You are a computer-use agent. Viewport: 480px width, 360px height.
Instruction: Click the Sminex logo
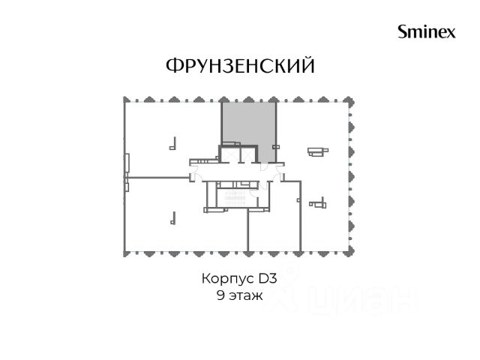(x=427, y=31)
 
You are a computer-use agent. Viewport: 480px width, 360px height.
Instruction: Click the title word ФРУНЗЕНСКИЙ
(x=240, y=65)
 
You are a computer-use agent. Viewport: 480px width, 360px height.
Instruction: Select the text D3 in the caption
(x=268, y=278)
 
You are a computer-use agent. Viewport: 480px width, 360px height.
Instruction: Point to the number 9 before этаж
(x=220, y=295)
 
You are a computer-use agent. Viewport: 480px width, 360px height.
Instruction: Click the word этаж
(x=246, y=296)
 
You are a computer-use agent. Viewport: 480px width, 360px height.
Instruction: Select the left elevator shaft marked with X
(x=230, y=154)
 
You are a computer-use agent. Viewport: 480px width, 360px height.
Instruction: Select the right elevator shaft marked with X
(x=247, y=154)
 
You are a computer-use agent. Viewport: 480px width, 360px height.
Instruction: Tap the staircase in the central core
(x=235, y=198)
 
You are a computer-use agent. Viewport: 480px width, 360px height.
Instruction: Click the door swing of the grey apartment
(x=263, y=167)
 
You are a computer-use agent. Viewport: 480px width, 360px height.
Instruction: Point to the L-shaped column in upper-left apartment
(x=172, y=144)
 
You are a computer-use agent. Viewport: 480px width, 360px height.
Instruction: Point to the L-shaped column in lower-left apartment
(x=173, y=218)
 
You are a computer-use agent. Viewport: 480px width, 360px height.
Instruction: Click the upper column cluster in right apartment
(x=318, y=151)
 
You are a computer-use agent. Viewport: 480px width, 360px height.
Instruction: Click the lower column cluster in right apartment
(x=318, y=203)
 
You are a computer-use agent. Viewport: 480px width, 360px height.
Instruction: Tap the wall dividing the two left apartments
(x=157, y=177)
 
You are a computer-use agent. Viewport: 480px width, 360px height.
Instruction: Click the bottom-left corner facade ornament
(x=125, y=253)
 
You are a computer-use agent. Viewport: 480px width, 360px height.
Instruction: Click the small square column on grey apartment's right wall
(x=276, y=147)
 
